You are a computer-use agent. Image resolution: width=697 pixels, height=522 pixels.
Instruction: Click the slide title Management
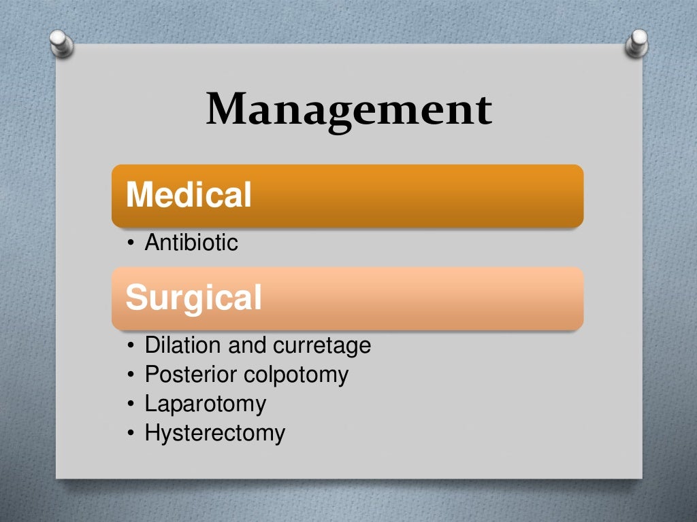[348, 109]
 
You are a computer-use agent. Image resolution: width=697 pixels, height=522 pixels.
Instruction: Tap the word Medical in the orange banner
[189, 195]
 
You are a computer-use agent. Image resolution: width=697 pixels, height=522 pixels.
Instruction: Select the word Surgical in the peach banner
[194, 298]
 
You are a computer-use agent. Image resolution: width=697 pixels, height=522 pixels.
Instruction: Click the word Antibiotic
[191, 243]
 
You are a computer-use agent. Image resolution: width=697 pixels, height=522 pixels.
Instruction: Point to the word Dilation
[183, 345]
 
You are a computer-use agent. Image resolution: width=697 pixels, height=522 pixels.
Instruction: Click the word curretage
[322, 345]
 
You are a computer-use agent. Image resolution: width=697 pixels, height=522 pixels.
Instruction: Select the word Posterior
[191, 375]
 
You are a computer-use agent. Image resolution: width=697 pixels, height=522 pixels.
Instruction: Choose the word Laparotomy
[205, 404]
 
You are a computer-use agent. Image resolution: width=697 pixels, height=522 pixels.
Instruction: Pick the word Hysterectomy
[214, 433]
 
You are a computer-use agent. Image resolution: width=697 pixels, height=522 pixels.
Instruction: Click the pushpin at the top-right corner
[637, 42]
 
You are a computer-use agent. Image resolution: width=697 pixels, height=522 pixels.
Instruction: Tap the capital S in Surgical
[135, 298]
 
